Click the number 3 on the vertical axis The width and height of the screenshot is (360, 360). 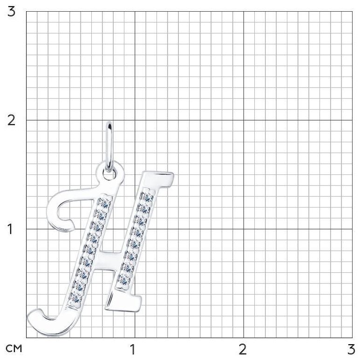point(11,12)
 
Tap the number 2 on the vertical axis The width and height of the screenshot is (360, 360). point(11,120)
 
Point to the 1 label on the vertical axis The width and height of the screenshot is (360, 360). point(10,229)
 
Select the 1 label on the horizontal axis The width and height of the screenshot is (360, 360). point(132,350)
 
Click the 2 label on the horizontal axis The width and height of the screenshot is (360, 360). point(243,350)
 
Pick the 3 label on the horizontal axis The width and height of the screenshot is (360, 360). point(351,350)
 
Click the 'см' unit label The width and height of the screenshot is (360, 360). point(14,349)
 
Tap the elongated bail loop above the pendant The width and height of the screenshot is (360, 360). point(109,147)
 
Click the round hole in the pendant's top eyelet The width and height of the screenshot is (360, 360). point(109,174)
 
